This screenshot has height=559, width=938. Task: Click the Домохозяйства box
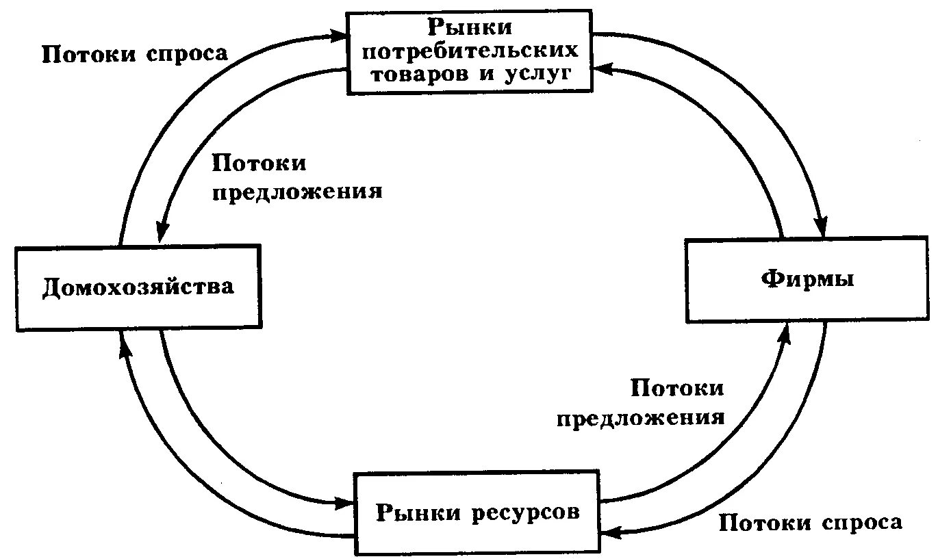137,287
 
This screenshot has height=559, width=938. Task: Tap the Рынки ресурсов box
477,512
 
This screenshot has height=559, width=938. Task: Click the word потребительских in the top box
470,50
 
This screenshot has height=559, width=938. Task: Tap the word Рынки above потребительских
470,27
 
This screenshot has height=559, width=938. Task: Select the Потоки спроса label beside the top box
134,54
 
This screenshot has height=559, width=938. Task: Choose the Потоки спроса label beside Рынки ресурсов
811,523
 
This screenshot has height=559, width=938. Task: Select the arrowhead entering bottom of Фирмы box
785,333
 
